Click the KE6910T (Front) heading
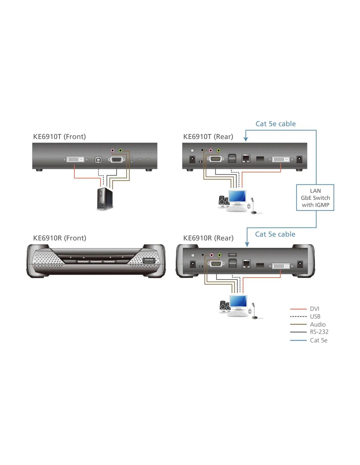pyautogui.click(x=59, y=137)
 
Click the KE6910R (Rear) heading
pyautogui.click(x=208, y=238)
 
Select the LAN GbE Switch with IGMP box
pyautogui.click(x=315, y=198)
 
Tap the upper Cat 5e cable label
pyautogui.click(x=276, y=124)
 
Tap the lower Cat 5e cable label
pyautogui.click(x=275, y=234)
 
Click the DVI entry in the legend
pyautogui.click(x=314, y=309)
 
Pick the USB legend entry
pyautogui.click(x=315, y=317)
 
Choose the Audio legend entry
pyautogui.click(x=317, y=324)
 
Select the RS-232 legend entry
pyautogui.click(x=319, y=332)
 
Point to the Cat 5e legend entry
pyautogui.click(x=318, y=340)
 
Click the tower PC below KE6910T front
pyautogui.click(x=105, y=199)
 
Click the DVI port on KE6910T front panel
pyautogui.click(x=75, y=160)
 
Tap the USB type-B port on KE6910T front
pyautogui.click(x=98, y=160)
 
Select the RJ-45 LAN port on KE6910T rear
pyautogui.click(x=246, y=159)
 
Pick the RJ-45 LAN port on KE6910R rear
pyautogui.click(x=246, y=264)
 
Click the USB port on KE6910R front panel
pyautogui.click(x=149, y=261)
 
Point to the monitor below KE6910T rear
pyautogui.click(x=237, y=197)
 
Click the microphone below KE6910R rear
pyautogui.click(x=254, y=311)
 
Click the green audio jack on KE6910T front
pyautogui.click(x=120, y=150)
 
